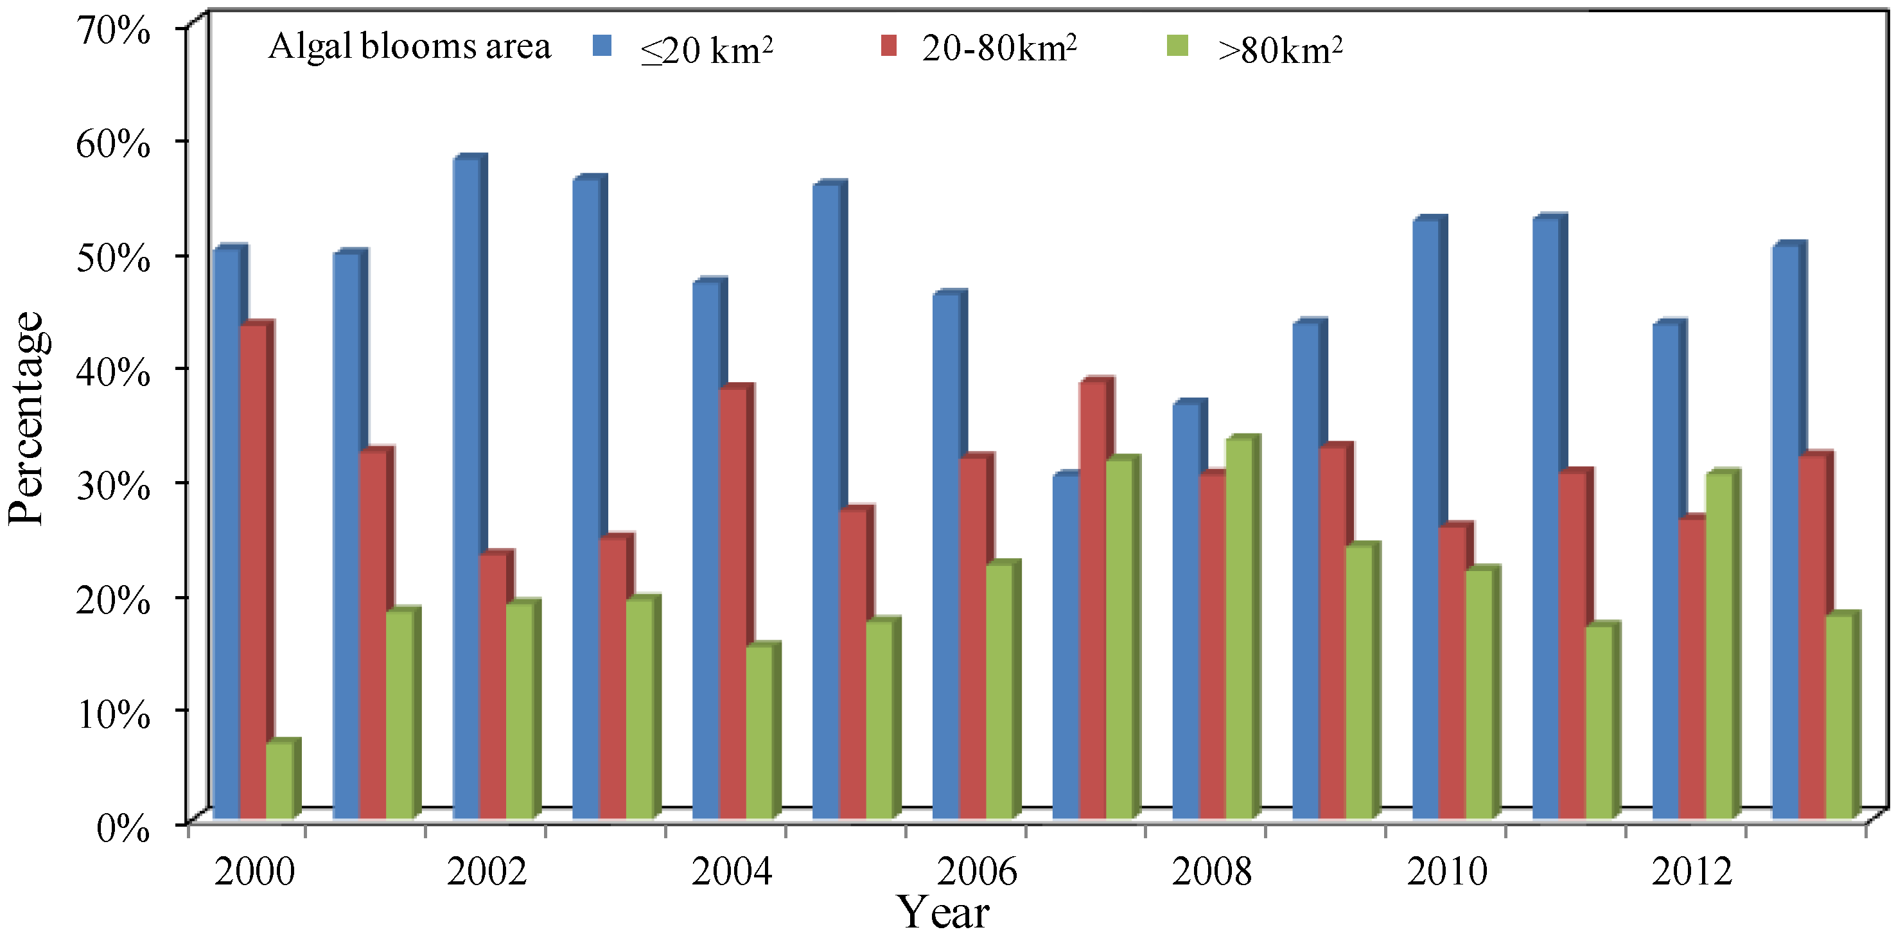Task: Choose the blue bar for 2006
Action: point(946,556)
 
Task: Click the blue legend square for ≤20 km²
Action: point(602,46)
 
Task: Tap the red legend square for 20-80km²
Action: point(888,46)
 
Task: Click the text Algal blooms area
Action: point(409,46)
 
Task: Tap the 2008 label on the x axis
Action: point(1211,872)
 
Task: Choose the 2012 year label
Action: point(1691,872)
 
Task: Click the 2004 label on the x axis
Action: point(732,872)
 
